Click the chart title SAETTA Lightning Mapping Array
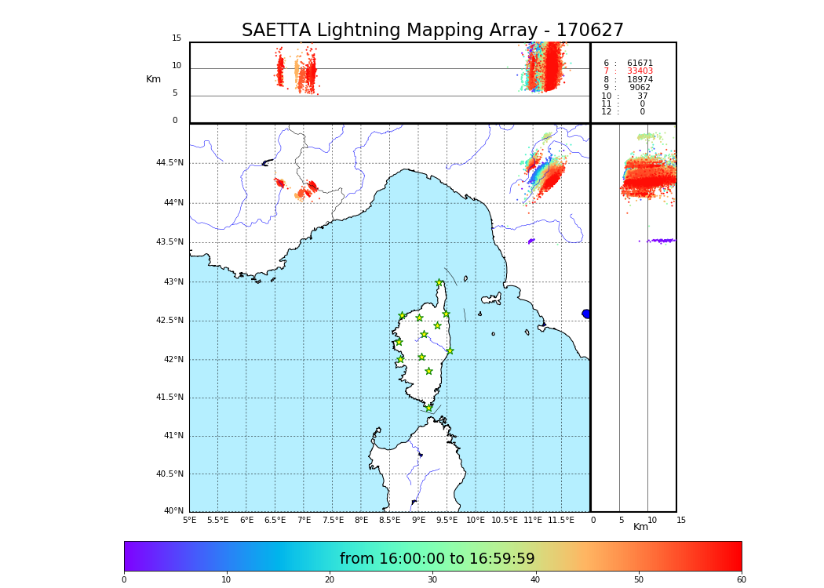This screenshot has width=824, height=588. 432,31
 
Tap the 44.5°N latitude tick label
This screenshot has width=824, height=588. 170,163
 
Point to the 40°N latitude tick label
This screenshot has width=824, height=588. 173,511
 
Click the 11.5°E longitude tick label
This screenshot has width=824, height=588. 561,520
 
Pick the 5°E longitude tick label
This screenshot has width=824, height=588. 189,520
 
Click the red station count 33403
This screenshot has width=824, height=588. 640,71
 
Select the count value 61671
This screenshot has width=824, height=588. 640,63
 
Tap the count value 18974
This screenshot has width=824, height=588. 640,79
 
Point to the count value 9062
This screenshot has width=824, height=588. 640,88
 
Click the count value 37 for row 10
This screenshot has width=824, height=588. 643,96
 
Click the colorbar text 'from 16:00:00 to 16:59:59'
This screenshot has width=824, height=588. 437,559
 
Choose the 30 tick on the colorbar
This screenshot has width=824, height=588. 432,579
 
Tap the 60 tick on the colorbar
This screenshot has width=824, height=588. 741,579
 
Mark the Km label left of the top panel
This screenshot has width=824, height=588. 153,79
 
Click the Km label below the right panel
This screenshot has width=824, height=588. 640,527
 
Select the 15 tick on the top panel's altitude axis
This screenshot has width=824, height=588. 177,38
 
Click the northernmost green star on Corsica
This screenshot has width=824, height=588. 439,283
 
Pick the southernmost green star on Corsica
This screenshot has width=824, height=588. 428,408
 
